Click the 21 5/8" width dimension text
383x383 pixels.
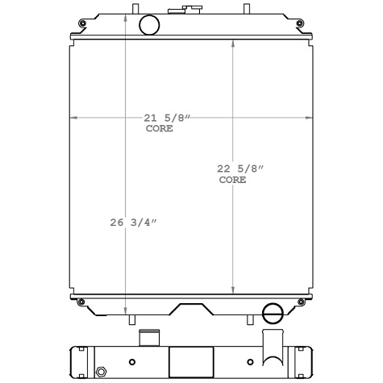[167, 118]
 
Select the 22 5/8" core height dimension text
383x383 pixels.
[240, 169]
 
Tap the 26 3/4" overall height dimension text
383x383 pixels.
[133, 223]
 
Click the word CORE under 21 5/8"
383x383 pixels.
[159, 128]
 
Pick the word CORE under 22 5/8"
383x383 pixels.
[232, 180]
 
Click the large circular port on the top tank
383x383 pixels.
[149, 25]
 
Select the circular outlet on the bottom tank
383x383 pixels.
[273, 313]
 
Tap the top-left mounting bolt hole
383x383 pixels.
[82, 23]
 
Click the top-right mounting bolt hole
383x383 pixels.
[300, 23]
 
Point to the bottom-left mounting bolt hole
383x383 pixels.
[81, 302]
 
